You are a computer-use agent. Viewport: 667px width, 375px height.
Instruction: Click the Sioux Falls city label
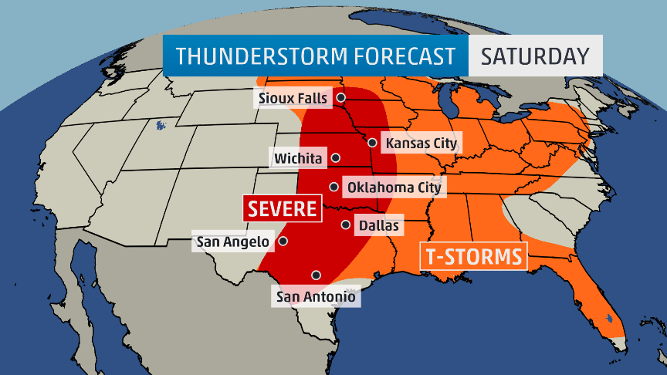(293, 98)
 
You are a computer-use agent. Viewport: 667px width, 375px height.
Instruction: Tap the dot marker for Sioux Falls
(340, 98)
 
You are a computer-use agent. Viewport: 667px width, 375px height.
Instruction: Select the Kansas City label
(422, 143)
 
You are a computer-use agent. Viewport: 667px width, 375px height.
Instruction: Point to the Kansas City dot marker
(372, 142)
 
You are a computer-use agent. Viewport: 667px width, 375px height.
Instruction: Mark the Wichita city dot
(336, 157)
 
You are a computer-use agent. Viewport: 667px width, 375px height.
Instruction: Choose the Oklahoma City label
(394, 187)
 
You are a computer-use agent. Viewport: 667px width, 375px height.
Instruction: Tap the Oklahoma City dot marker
(333, 186)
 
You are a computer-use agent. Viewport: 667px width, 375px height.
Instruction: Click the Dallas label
(378, 225)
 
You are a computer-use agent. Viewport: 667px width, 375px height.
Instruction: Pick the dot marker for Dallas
(345, 225)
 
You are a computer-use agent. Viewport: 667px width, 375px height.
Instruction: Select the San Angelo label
(233, 242)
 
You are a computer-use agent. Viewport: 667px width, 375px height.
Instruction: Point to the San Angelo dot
(283, 241)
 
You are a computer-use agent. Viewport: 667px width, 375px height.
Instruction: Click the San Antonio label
(316, 296)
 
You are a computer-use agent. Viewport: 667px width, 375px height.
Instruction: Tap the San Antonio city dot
(316, 275)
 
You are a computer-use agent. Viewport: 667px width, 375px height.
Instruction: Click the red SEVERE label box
(282, 208)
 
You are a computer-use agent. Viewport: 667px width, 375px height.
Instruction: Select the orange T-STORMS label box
(473, 255)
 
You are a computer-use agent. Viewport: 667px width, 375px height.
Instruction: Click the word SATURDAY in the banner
(535, 56)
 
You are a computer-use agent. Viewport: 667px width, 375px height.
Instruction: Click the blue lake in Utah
(161, 123)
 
